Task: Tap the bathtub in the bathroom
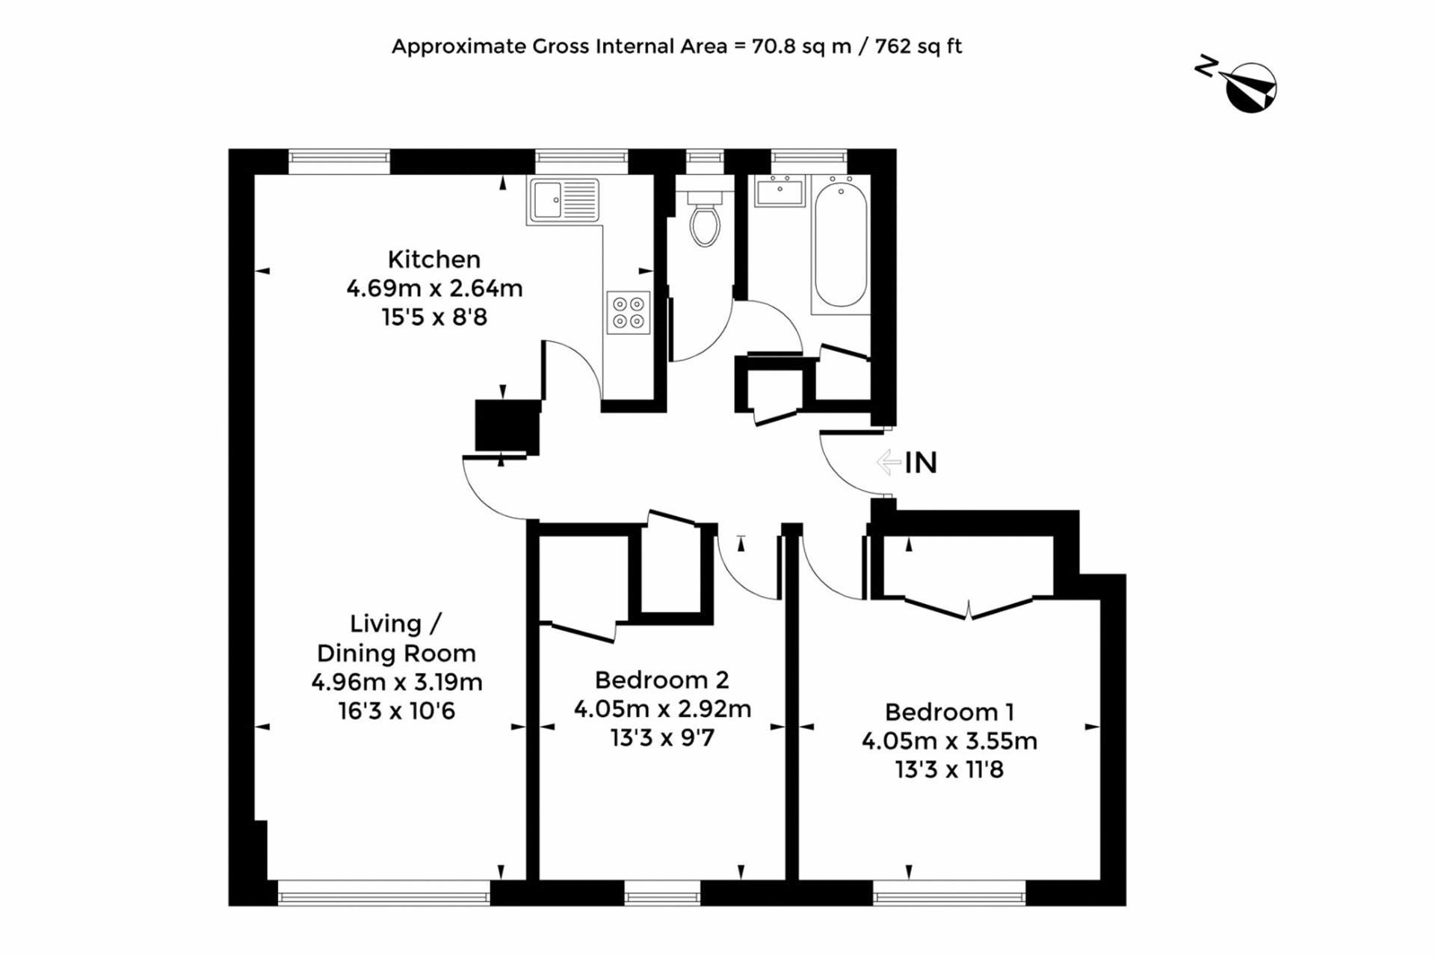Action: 841,244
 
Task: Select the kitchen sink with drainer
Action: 564,200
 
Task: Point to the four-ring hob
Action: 628,313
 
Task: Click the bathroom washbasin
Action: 780,191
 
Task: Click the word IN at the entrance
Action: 921,463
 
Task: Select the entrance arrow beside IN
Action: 889,462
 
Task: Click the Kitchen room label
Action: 434,259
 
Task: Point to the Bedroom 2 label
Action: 661,680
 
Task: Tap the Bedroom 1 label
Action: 949,712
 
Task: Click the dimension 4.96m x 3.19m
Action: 397,682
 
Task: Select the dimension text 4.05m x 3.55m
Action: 949,741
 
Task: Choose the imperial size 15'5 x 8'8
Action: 434,317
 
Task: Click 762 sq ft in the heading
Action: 919,46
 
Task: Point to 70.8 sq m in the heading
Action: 801,46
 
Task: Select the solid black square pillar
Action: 507,426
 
